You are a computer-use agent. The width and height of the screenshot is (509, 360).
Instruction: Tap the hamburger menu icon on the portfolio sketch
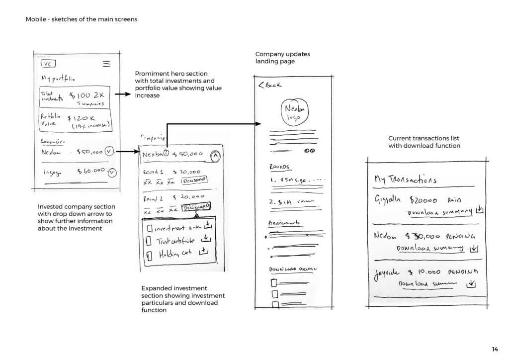click(x=106, y=64)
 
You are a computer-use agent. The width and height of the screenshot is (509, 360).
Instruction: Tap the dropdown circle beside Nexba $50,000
click(x=110, y=151)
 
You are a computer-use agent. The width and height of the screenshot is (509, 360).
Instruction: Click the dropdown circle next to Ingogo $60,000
click(x=112, y=173)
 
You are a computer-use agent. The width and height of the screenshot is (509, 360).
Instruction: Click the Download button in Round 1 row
click(x=194, y=180)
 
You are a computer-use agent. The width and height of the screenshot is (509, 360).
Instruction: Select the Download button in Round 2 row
click(x=197, y=208)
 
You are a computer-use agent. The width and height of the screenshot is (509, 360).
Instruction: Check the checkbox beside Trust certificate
click(x=149, y=241)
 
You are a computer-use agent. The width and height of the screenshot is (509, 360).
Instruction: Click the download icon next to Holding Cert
click(x=203, y=252)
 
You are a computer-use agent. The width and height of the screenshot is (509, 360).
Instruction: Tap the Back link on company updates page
click(x=270, y=85)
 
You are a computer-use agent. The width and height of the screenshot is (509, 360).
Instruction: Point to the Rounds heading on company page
click(x=279, y=167)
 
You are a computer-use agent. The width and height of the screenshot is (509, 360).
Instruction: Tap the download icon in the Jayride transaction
click(x=471, y=284)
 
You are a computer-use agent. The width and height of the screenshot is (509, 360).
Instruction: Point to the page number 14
click(x=494, y=349)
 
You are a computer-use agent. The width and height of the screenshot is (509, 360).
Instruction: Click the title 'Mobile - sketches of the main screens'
click(x=81, y=19)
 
